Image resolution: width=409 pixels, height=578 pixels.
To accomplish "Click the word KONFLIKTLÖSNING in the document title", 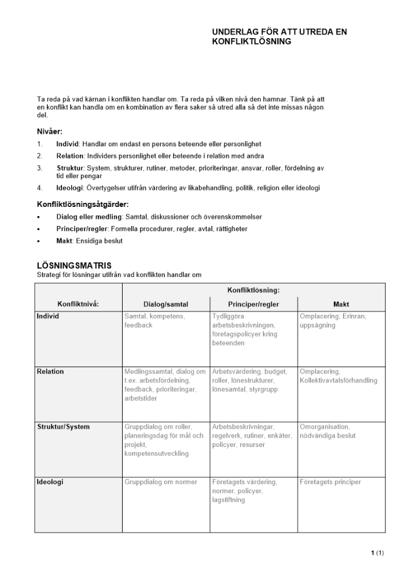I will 251,42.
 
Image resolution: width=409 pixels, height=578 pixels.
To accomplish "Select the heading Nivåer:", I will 50,131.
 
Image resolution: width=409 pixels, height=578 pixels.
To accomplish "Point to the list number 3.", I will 39,168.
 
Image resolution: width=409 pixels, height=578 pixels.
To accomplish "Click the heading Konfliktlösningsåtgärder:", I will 83,204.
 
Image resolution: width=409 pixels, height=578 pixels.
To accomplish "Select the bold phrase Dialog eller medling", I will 90,217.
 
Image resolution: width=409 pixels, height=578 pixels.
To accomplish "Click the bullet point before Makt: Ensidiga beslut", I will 39,241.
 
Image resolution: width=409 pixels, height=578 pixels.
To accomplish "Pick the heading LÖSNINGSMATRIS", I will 74,265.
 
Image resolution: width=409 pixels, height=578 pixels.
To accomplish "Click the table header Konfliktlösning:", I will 253,290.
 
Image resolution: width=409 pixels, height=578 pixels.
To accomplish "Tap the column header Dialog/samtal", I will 165,304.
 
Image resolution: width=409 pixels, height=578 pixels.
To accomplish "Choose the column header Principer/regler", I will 253,304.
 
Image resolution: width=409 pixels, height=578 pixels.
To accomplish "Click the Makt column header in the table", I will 341,304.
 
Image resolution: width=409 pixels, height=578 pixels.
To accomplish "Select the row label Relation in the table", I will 50,372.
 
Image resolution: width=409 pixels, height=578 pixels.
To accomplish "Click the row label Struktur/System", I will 63,427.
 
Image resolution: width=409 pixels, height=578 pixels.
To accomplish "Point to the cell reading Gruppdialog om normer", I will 160,482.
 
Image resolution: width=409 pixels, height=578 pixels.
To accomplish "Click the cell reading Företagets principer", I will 330,482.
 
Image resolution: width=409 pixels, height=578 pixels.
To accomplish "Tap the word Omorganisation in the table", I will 325,427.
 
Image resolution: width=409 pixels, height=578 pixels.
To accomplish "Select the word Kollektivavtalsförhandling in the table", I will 338,380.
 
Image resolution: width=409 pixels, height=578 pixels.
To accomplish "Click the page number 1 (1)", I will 377,553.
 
